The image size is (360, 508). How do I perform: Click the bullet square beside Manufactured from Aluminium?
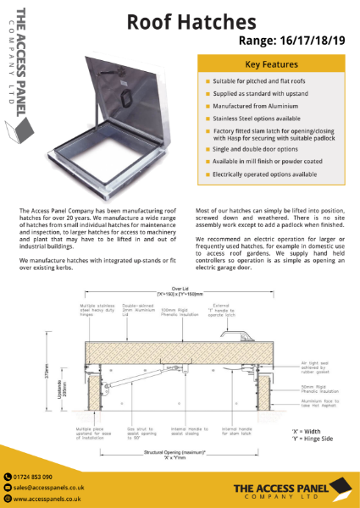(206, 107)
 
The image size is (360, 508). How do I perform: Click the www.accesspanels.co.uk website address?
(47, 500)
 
